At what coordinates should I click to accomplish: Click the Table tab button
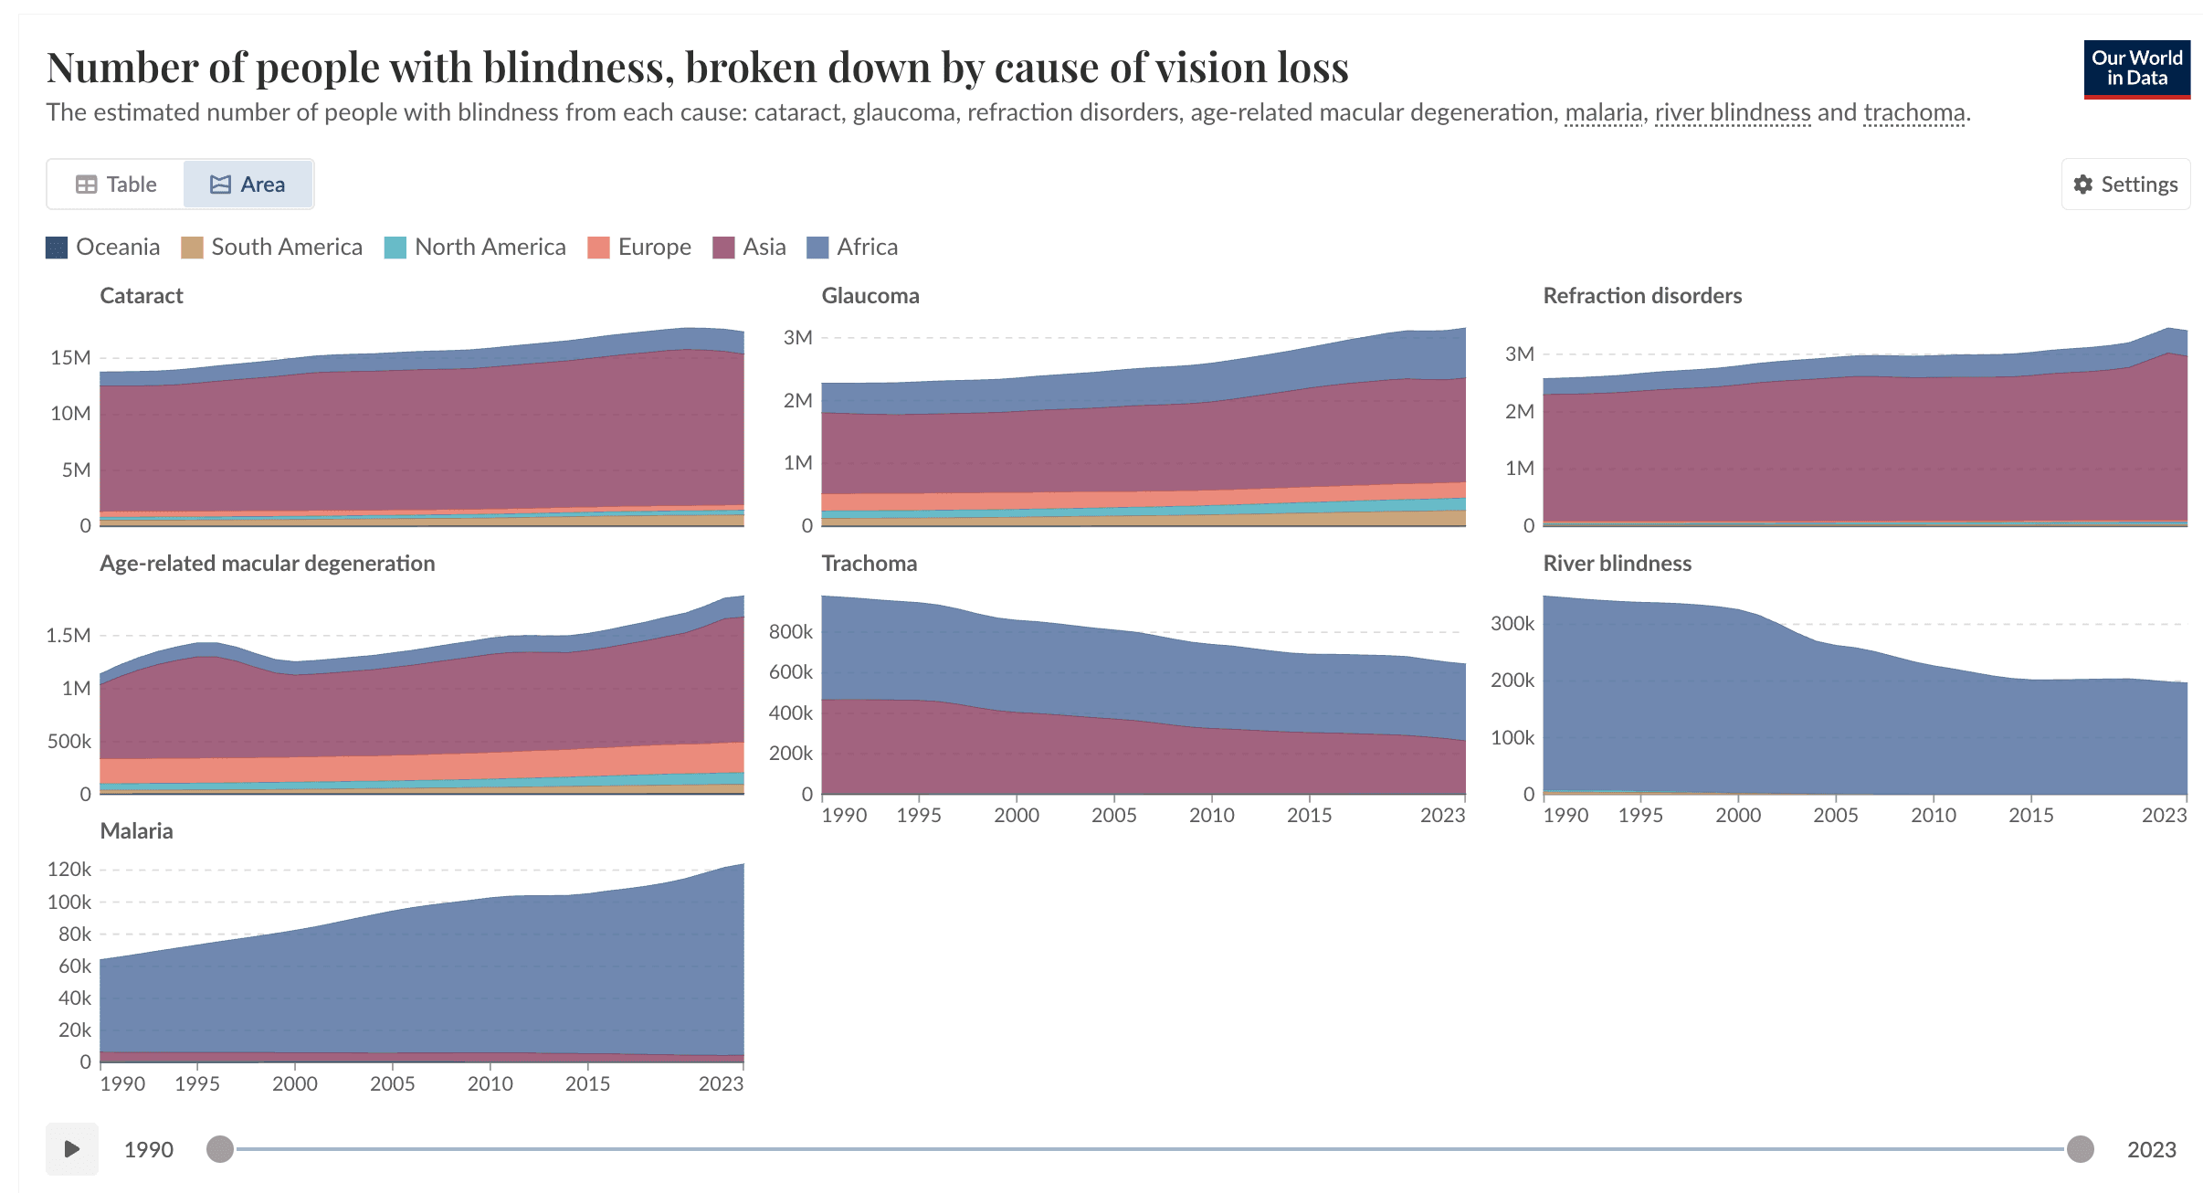pyautogui.click(x=116, y=185)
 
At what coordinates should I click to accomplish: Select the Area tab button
pyautogui.click(x=248, y=185)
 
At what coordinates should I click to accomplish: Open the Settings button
pyautogui.click(x=2125, y=185)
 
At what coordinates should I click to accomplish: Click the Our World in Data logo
pyautogui.click(x=2136, y=69)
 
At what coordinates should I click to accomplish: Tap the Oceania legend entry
pyautogui.click(x=102, y=248)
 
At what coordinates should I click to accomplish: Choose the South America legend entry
pyautogui.click(x=271, y=248)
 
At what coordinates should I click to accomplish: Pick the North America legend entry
pyautogui.click(x=475, y=248)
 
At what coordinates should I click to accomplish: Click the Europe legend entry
pyautogui.click(x=639, y=248)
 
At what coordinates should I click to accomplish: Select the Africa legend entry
pyautogui.click(x=852, y=248)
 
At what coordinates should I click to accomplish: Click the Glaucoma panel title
pyautogui.click(x=870, y=296)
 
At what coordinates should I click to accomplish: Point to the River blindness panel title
pyautogui.click(x=1617, y=564)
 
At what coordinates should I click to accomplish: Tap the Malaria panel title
pyautogui.click(x=136, y=831)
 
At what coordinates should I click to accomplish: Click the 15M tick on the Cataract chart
pyautogui.click(x=70, y=358)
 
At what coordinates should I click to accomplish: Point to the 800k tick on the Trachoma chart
pyautogui.click(x=790, y=632)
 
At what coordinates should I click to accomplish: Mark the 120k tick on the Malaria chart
pyautogui.click(x=69, y=870)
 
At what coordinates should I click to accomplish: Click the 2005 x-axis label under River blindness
pyautogui.click(x=1836, y=816)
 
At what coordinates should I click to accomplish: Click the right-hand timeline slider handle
pyautogui.click(x=2081, y=1149)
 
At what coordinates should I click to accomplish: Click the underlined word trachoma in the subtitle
pyautogui.click(x=1913, y=112)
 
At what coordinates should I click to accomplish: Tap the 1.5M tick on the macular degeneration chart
pyautogui.click(x=69, y=636)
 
